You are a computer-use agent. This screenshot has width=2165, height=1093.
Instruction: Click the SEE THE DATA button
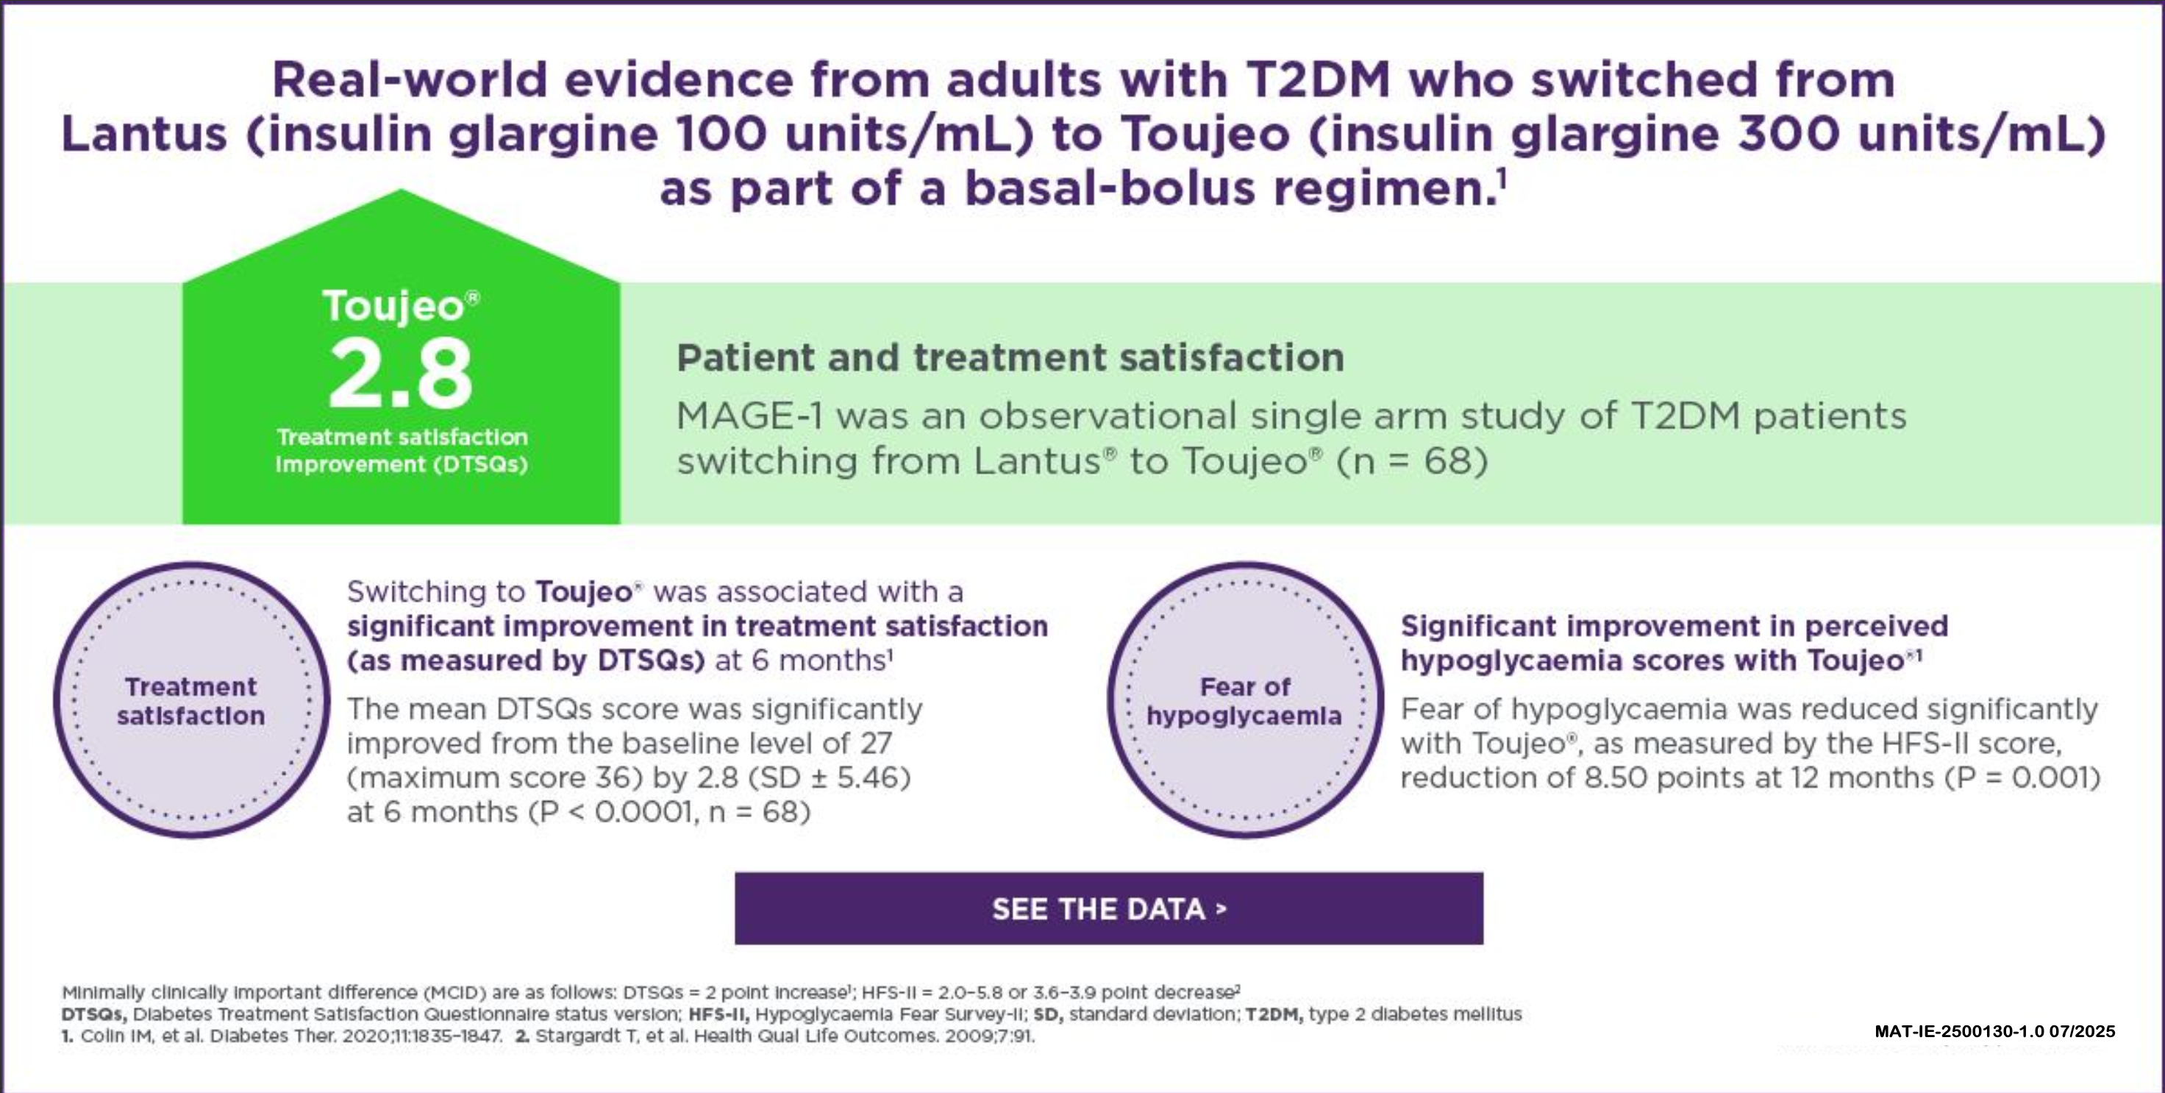[x=1108, y=909]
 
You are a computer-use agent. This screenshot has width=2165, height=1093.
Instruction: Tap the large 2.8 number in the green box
[x=401, y=374]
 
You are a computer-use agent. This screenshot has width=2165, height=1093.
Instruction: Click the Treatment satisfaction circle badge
[x=192, y=700]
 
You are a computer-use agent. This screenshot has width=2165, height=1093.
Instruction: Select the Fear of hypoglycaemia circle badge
[x=1245, y=700]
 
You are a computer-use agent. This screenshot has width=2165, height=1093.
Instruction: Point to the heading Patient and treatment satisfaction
[x=1010, y=358]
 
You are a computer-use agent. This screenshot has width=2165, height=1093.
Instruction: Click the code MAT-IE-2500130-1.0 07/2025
[x=1994, y=1032]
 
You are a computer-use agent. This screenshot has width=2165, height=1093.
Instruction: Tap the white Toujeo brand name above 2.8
[x=393, y=305]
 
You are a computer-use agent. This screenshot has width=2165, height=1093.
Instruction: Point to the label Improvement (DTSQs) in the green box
[x=402, y=464]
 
